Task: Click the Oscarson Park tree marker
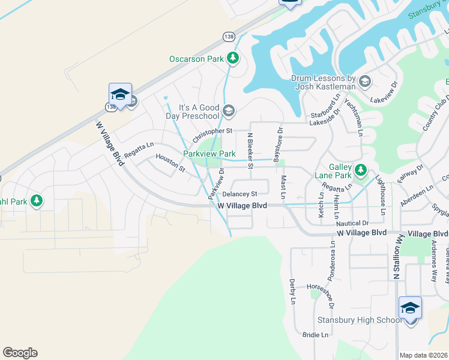pos(233,58)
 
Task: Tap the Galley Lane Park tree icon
pos(360,171)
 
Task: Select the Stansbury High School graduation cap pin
pos(410,309)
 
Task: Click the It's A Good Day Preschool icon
pos(228,110)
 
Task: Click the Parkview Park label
pos(209,154)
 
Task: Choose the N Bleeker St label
pos(250,151)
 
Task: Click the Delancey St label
pos(240,194)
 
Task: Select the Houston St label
pos(170,163)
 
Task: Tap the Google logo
pos(20,353)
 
